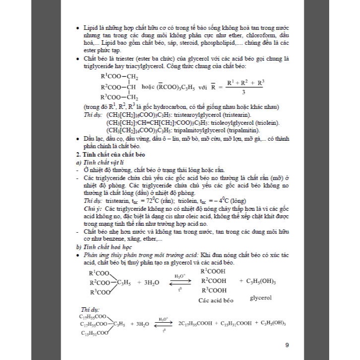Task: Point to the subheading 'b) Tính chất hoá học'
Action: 96,247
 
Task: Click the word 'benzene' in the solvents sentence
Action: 105,239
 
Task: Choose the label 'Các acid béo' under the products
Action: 216,300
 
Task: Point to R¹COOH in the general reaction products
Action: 213,271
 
